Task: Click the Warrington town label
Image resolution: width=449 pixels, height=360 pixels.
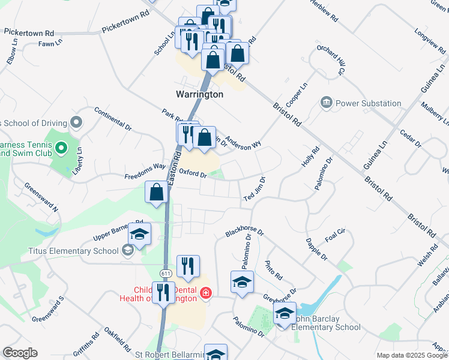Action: [x=199, y=94]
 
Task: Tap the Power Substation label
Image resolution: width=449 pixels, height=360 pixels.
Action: [x=368, y=103]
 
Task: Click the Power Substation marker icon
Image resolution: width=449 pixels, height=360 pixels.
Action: [x=327, y=103]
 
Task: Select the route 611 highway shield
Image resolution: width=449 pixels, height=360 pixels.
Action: [x=164, y=272]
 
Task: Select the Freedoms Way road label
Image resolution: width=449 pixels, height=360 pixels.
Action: [x=145, y=173]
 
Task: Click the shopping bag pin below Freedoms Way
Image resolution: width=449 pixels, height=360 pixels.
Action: [x=157, y=193]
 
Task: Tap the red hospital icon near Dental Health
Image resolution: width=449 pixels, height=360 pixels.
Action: [x=205, y=293]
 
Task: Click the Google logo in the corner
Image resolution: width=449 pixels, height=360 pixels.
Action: [x=20, y=353]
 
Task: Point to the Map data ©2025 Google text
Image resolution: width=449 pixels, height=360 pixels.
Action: [x=411, y=355]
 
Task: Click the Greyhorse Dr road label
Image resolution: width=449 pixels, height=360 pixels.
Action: [x=280, y=296]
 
